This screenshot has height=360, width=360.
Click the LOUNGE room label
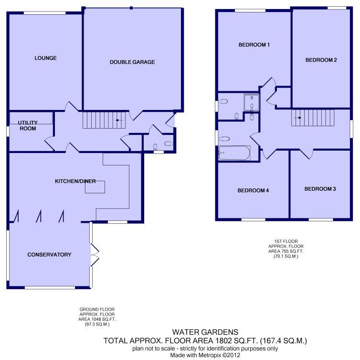coord(45,58)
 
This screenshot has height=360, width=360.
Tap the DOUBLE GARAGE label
coord(132,62)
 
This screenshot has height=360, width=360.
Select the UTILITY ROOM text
coord(28,126)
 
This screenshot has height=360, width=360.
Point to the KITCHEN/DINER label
coord(75,181)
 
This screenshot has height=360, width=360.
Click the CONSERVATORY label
coord(49,255)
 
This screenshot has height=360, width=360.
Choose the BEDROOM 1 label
coord(254,45)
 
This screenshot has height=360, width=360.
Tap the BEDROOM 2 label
coord(321,60)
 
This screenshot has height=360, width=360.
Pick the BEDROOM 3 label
coord(320,189)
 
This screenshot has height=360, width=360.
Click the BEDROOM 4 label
coord(253,191)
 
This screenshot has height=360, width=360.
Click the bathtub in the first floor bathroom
coord(234,153)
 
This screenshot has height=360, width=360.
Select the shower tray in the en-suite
coord(252,102)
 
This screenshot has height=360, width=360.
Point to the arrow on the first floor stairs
coord(300,118)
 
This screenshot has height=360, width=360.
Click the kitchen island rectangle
coord(95,187)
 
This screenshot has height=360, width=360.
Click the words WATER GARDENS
coord(205,332)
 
